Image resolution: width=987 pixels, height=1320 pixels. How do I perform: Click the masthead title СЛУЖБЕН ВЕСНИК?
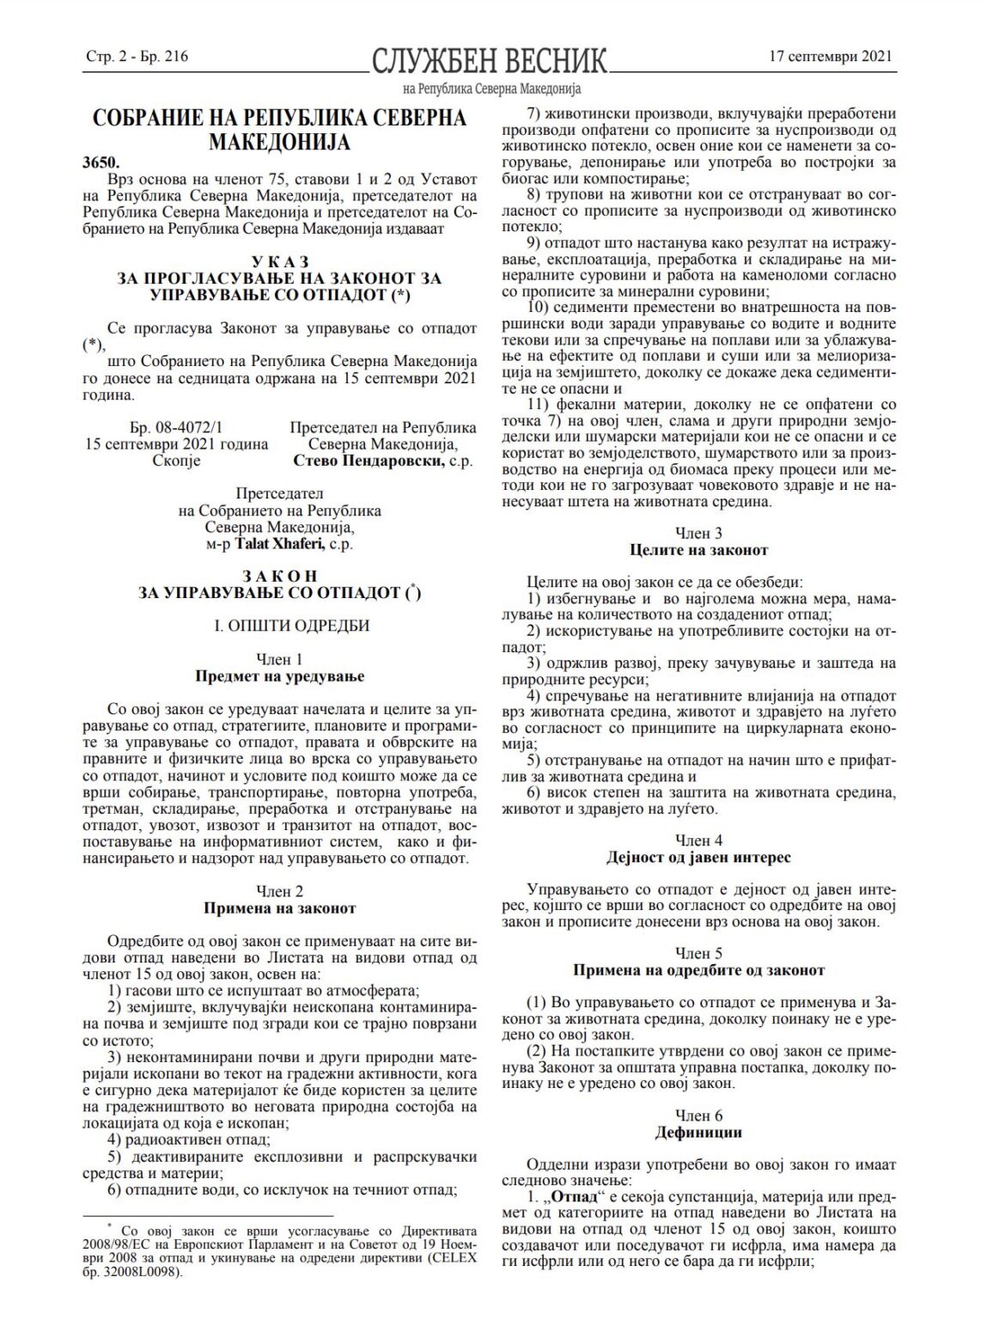(489, 61)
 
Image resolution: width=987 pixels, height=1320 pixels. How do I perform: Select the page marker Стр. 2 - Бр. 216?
(137, 58)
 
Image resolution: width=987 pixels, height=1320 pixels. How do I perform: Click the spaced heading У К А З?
(278, 260)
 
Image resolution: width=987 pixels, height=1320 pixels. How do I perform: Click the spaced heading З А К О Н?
(279, 575)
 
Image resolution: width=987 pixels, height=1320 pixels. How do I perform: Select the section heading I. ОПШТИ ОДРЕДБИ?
(279, 625)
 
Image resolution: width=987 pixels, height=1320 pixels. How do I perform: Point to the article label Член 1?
(279, 659)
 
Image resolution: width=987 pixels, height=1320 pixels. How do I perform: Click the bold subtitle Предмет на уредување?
(279, 676)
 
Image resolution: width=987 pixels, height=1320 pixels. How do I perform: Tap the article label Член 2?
(279, 891)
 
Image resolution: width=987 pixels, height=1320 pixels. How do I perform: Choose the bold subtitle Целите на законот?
(698, 550)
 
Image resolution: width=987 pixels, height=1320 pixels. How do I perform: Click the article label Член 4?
(698, 840)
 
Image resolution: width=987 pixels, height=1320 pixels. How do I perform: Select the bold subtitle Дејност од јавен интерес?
(698, 857)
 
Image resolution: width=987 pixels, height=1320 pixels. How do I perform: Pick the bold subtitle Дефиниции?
(698, 1133)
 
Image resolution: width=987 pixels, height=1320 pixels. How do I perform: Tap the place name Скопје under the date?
(178, 461)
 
